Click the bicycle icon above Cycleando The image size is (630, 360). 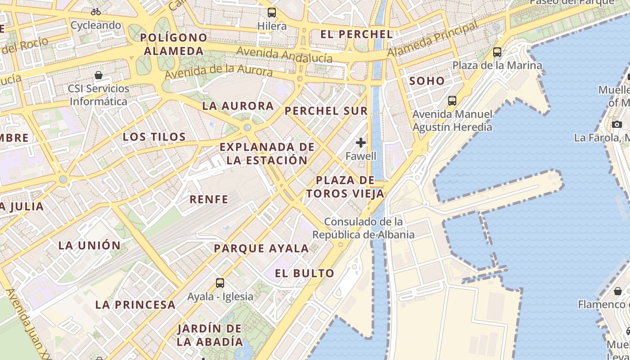96,12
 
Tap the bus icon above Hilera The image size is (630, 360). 272,12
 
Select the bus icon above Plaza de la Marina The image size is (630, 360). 497,52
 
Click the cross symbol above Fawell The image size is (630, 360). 361,143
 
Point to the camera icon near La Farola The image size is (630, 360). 616,124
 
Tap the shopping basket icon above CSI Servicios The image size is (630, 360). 99,75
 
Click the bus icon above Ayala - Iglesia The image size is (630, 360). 220,283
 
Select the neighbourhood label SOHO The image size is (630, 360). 427,81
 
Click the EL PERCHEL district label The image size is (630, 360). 356,34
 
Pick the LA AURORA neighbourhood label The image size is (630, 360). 238,106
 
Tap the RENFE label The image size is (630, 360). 209,199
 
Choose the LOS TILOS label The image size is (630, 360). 154,137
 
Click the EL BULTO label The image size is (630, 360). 305,273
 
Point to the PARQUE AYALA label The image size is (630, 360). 261,248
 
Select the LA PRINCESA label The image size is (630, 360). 135,305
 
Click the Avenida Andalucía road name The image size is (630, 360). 284,54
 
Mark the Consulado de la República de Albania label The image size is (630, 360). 363,228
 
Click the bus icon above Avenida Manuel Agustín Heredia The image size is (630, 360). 452,101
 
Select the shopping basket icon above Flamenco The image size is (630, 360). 618,291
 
